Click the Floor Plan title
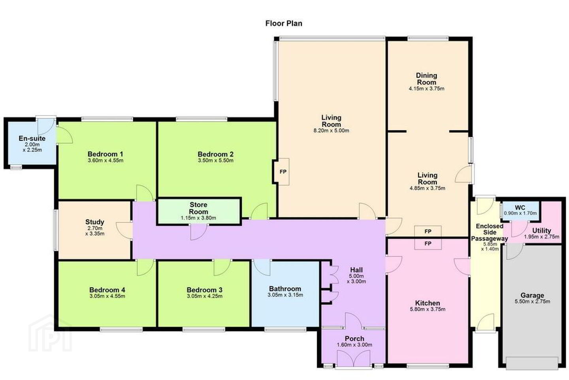(284, 23)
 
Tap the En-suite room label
(32, 139)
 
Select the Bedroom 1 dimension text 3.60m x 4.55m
(106, 160)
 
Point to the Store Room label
(199, 208)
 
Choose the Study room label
(94, 222)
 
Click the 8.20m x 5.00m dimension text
(331, 131)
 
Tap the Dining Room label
(426, 79)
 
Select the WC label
(520, 207)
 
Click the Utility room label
(542, 231)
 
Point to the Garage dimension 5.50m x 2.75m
(532, 302)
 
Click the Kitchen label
(428, 303)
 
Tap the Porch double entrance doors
(354, 359)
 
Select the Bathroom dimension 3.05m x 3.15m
(285, 295)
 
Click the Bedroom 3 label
(205, 290)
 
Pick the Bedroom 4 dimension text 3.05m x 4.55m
(107, 296)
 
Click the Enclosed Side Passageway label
(490, 232)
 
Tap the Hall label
(356, 270)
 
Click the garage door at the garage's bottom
(532, 363)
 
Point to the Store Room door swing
(199, 232)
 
